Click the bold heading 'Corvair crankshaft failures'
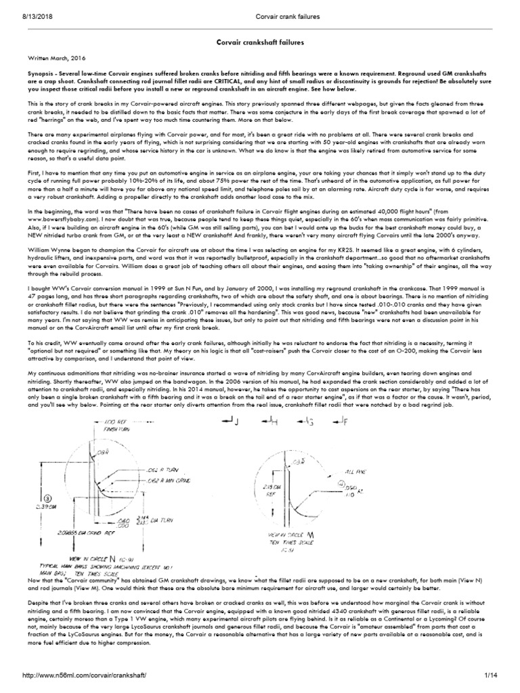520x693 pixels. pos(259,42)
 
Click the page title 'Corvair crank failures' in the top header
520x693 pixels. pos(260,5)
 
